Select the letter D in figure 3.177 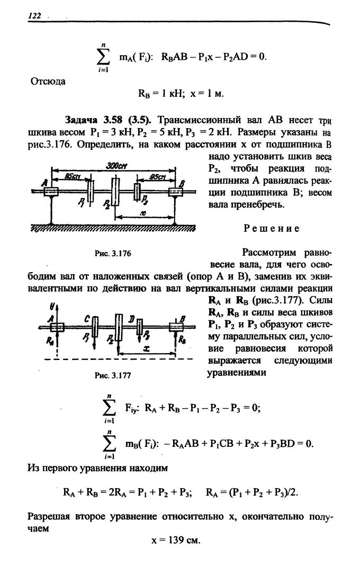pyautogui.click(x=133, y=318)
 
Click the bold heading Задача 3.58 pyautogui.click(x=92, y=120)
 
